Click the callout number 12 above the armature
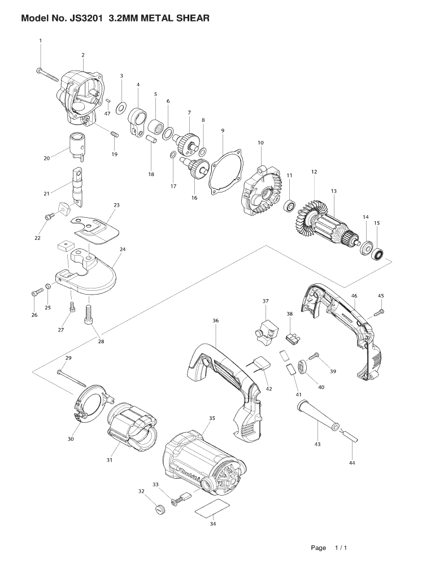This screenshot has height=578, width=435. click(x=314, y=172)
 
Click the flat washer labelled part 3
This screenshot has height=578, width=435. click(x=121, y=107)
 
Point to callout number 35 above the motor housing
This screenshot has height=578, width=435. click(x=212, y=418)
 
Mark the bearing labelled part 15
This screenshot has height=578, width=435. click(x=378, y=252)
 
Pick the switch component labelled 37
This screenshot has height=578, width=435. click(x=264, y=330)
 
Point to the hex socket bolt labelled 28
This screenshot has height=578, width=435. click(x=88, y=314)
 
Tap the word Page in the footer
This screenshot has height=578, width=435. click(x=318, y=548)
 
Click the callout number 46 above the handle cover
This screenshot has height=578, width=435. click(x=354, y=296)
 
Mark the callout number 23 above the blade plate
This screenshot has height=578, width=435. click(x=117, y=205)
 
